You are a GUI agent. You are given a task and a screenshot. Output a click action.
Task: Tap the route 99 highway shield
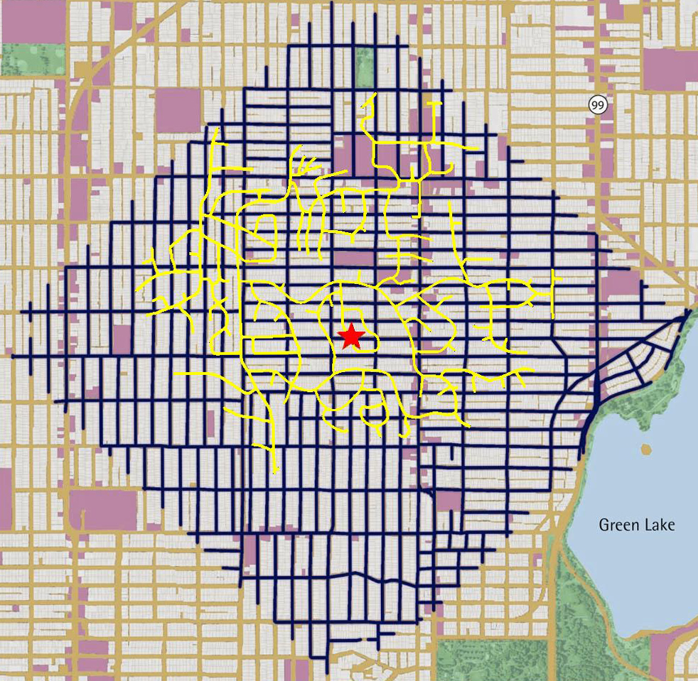(x=598, y=105)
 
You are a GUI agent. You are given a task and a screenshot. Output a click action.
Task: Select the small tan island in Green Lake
(x=646, y=449)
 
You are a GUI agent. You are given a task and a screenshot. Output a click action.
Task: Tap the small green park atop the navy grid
(x=364, y=67)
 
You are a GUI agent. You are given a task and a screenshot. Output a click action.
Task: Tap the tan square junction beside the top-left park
(x=83, y=69)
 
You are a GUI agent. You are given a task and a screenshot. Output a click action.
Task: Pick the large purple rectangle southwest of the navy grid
(x=103, y=510)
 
